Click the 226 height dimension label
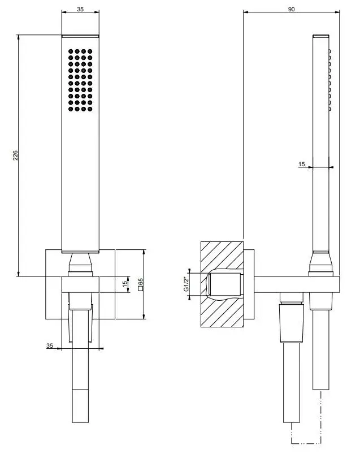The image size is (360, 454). coord(15,155)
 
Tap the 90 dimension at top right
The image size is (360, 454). coord(292,9)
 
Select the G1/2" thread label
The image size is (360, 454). coord(186,284)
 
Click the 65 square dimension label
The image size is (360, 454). coord(141,284)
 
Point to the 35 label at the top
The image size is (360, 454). coord(80,9)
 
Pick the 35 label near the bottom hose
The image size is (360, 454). coord(50,345)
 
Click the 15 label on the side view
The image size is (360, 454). coord(302,164)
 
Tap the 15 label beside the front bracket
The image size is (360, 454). coord(125,284)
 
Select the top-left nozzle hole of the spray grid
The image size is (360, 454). coord(71,51)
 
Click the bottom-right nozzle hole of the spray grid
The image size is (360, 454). coord(90,109)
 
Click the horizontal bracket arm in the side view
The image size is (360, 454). coord(297,284)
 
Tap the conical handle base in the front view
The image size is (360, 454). coord(80,262)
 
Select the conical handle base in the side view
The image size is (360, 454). coord(321,262)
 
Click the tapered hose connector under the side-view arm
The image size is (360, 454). coord(292,323)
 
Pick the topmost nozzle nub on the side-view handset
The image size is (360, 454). coord(329,51)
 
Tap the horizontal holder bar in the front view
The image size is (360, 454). coord(80,284)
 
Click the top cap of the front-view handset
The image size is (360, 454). coord(80,36)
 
